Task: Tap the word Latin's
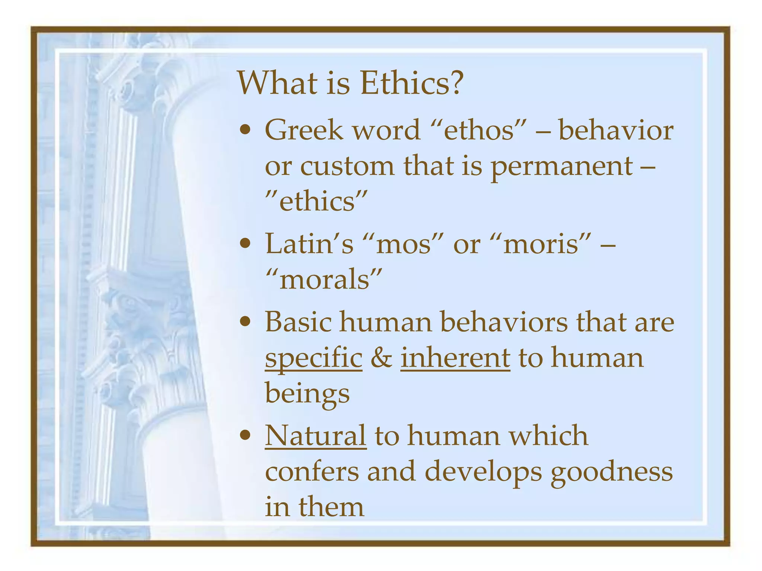click(309, 244)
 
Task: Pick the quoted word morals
click(324, 280)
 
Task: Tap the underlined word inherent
click(455, 358)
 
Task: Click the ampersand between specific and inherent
click(381, 358)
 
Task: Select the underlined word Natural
click(316, 435)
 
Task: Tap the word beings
click(307, 394)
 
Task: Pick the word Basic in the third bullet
click(298, 322)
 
